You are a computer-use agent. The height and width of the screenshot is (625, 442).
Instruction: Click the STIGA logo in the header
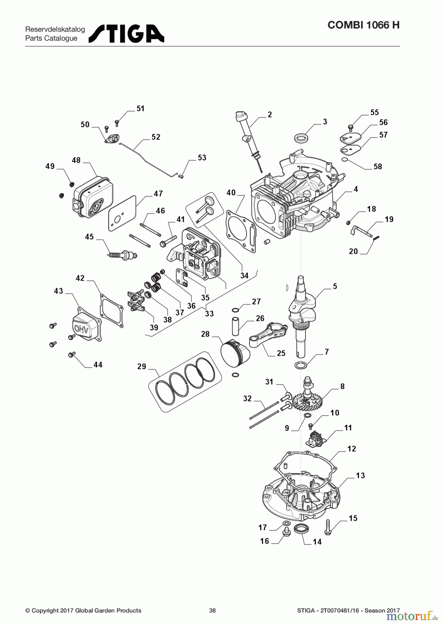point(126,34)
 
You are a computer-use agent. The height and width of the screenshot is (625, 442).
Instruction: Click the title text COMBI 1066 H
point(363,25)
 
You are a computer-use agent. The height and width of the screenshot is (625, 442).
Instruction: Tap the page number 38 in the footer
point(212,610)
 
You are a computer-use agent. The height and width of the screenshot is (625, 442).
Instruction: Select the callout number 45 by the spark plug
point(89,236)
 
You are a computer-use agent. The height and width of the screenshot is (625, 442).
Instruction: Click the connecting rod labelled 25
point(267,335)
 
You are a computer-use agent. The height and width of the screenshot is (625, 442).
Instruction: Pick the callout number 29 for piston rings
point(142,366)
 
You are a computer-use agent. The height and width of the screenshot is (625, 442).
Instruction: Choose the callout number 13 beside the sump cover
point(360,475)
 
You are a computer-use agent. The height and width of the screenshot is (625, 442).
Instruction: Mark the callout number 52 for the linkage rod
point(156,137)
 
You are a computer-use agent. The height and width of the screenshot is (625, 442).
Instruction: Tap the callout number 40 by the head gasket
point(231,192)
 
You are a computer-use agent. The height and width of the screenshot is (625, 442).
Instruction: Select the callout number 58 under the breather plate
point(378,166)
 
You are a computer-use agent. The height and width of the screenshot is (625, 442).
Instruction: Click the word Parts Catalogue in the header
point(51,38)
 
